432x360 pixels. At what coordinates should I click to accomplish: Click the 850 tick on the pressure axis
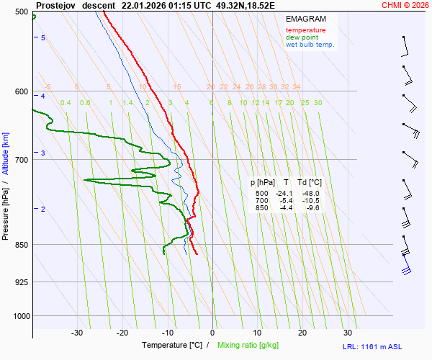coord(20,245)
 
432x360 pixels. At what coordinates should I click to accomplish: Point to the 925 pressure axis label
coord(20,282)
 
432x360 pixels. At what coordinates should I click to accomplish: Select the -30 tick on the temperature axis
coord(78,333)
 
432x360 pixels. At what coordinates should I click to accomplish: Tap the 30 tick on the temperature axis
coord(348,333)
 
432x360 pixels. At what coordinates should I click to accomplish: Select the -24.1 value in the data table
coord(286,194)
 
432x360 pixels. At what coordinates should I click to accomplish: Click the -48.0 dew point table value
coord(311,194)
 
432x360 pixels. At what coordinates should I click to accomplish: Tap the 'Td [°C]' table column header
coord(311,183)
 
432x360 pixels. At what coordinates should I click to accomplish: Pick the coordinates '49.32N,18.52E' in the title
coord(246,4)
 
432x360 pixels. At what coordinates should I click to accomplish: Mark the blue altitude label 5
coord(43,37)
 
